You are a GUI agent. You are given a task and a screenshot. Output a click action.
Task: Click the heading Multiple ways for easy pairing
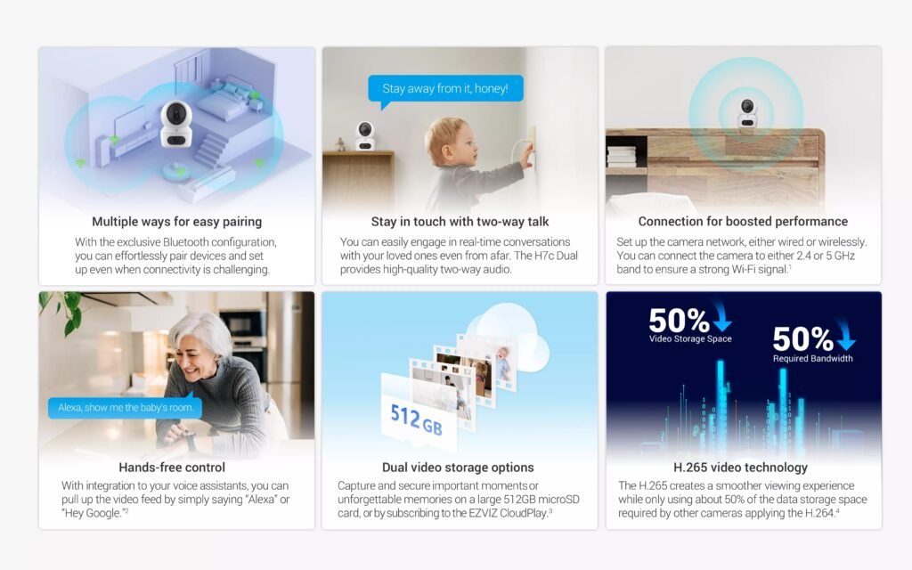[x=177, y=222]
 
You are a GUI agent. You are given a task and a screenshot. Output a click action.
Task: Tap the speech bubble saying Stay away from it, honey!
[x=445, y=89]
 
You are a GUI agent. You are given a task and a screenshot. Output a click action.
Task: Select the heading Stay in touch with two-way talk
[x=460, y=222]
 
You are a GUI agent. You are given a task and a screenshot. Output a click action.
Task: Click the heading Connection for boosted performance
[x=743, y=222]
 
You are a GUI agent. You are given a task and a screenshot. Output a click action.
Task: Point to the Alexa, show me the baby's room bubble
[x=125, y=408]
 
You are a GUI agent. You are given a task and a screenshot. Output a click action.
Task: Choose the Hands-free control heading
[x=172, y=468]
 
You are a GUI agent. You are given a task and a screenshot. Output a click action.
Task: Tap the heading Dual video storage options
[x=458, y=468]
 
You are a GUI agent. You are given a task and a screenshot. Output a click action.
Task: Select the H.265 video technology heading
[x=740, y=468]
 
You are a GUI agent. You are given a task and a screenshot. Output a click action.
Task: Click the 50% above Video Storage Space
[x=679, y=321]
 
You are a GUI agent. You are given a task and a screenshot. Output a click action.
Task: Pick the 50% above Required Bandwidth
[x=802, y=339]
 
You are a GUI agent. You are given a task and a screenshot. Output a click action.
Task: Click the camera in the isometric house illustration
[x=175, y=124]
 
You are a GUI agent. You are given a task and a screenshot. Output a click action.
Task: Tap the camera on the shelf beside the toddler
[x=364, y=136]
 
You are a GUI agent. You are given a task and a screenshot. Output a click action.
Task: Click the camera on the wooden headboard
[x=747, y=113]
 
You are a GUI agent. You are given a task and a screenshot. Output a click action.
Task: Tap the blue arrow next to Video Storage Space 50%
[x=721, y=317]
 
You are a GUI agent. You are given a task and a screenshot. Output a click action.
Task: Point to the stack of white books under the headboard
[x=622, y=156]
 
